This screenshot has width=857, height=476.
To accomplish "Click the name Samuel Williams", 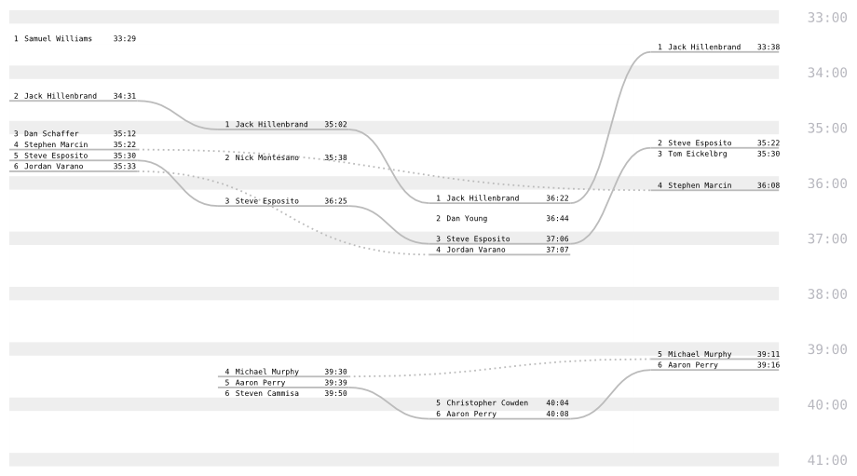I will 58,38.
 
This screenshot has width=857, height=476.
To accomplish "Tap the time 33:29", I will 125,38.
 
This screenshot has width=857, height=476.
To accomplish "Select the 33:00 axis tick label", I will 826,18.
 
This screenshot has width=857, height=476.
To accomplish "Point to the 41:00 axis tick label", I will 826,460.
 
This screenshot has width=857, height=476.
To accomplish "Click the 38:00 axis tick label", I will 826,294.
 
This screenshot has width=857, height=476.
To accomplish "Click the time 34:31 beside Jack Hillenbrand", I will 125,96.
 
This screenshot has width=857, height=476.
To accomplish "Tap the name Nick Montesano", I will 267,157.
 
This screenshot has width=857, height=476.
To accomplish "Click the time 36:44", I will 557,219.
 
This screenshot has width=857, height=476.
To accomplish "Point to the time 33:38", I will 769,47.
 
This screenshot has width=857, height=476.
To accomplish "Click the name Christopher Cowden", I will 487,403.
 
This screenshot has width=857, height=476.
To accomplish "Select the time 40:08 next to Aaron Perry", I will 557,414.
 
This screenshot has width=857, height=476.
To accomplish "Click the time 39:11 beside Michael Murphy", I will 769,355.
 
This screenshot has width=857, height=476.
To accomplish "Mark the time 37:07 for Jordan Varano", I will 557,250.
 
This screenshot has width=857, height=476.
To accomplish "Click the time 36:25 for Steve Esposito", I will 336,200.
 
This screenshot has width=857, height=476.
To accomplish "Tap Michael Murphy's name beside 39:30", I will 267,372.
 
